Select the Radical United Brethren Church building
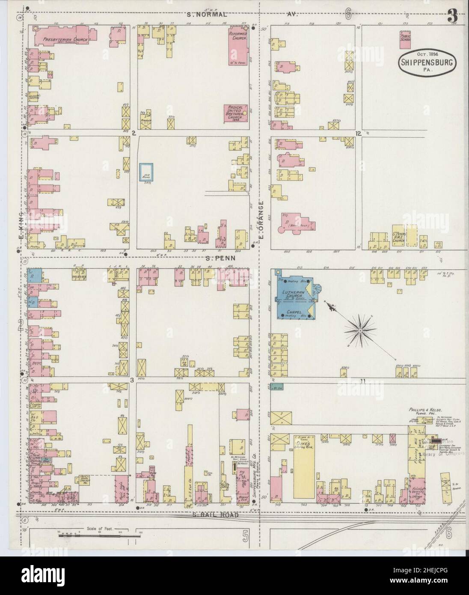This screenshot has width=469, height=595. point(235,113)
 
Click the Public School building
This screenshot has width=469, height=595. point(405,39)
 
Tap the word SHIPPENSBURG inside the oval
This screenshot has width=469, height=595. point(428,62)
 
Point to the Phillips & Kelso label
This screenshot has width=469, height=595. point(424,409)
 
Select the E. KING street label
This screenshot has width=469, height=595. point(20,223)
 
